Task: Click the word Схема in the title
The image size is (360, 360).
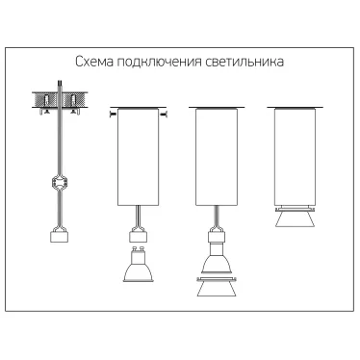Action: pyautogui.click(x=94, y=62)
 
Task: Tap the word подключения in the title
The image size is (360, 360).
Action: pyautogui.click(x=159, y=63)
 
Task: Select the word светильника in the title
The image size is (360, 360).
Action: pyautogui.click(x=244, y=62)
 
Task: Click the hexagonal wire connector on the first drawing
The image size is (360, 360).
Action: pyautogui.click(x=59, y=183)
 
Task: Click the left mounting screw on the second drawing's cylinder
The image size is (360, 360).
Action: pyautogui.click(x=113, y=114)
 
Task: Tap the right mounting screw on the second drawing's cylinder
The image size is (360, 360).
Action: pyautogui.click(x=164, y=114)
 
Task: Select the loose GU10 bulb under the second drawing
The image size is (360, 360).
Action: pyautogui.click(x=138, y=265)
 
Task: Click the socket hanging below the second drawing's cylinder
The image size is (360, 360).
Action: pyautogui.click(x=138, y=234)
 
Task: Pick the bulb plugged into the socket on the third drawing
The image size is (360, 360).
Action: pyautogui.click(x=217, y=259)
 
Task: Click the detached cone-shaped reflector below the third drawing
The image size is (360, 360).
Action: pyautogui.click(x=217, y=286)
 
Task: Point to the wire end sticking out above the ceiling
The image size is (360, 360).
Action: pyautogui.click(x=60, y=86)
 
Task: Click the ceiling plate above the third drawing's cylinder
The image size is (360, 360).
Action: pyautogui.click(x=217, y=108)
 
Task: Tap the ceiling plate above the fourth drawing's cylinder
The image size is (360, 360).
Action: pyautogui.click(x=295, y=108)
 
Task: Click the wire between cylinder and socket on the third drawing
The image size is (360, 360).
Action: pyautogui.click(x=217, y=216)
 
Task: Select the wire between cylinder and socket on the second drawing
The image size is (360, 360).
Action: pyautogui.click(x=138, y=216)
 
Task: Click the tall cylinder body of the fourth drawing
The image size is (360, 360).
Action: pyautogui.click(x=295, y=157)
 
